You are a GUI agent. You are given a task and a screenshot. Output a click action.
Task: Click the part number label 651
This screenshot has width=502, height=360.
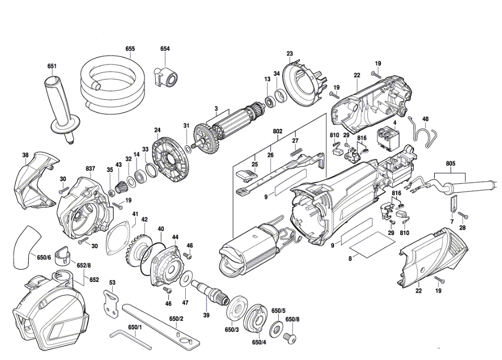(x=52, y=66)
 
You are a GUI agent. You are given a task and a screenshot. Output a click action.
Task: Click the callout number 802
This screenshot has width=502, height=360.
(x=277, y=131)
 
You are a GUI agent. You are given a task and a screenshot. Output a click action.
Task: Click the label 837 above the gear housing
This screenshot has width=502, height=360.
(x=90, y=169)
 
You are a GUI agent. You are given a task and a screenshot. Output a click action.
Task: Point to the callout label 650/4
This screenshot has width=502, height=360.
(x=259, y=342)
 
